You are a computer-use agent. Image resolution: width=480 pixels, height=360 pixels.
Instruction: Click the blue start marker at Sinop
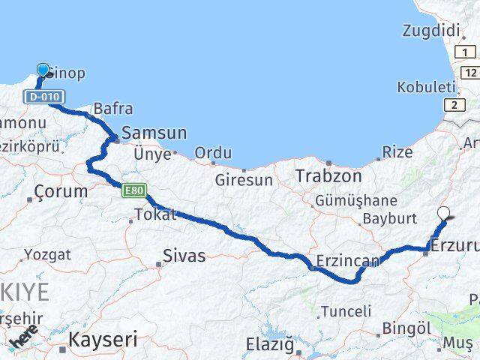(x=43, y=70)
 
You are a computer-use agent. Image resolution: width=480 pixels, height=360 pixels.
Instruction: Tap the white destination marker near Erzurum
(x=444, y=214)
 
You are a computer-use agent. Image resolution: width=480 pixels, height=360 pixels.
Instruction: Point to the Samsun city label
(x=154, y=133)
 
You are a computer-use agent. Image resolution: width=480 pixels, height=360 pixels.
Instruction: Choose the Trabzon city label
(x=328, y=176)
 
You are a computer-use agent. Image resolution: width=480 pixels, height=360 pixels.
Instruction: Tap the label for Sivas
(x=184, y=256)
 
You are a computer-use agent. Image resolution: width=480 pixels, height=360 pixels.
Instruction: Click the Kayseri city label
(x=103, y=340)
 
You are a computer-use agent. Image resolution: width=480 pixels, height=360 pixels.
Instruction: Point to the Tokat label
(x=155, y=214)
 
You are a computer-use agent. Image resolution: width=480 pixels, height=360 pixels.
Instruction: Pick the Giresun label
(x=243, y=180)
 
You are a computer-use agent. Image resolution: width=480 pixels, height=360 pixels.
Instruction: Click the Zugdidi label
(x=430, y=31)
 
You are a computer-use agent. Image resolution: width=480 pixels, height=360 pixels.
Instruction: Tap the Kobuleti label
(x=427, y=86)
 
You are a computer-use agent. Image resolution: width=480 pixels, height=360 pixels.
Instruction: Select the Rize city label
(x=397, y=152)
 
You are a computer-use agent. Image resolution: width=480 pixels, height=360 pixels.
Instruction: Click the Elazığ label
(x=270, y=344)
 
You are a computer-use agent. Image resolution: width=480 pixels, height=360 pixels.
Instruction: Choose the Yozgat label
(x=47, y=255)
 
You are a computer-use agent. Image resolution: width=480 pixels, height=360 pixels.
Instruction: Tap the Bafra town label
(x=109, y=109)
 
